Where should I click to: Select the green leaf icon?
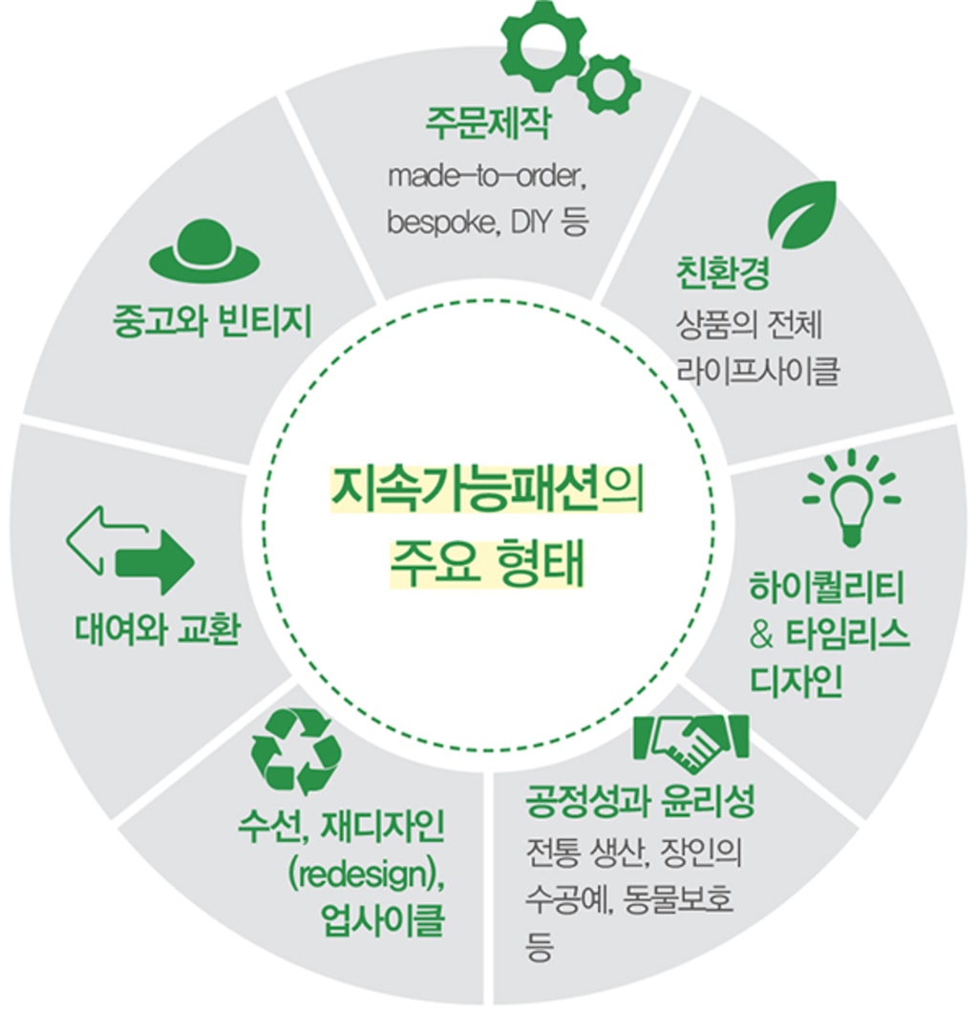click(x=802, y=212)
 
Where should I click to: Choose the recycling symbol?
click(x=296, y=751)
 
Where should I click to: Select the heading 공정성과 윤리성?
click(x=641, y=802)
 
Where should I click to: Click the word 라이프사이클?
click(x=757, y=371)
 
